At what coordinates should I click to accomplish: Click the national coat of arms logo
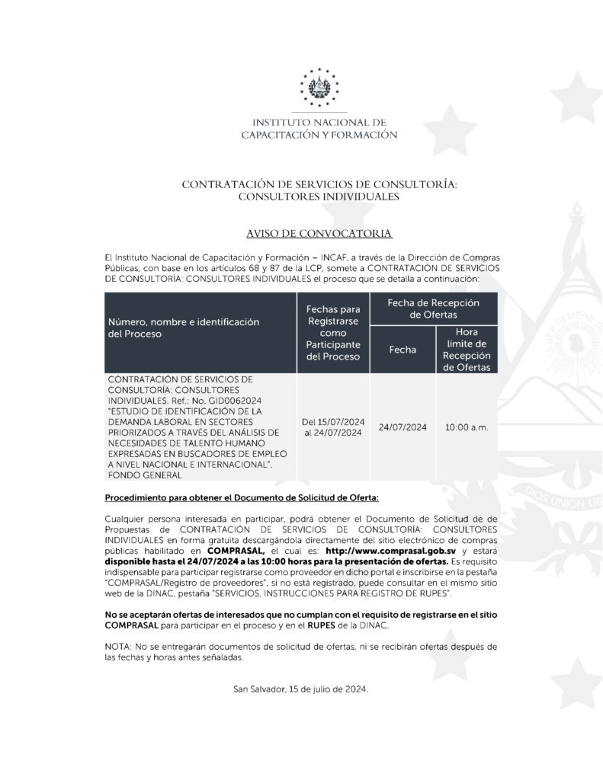click(319, 85)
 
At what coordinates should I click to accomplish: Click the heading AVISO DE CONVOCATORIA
click(319, 232)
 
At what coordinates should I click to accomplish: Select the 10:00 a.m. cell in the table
click(466, 427)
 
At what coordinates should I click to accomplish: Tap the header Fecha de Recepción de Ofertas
click(433, 308)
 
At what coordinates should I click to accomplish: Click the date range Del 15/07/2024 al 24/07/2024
click(332, 427)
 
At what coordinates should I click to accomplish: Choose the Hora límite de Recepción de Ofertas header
click(466, 350)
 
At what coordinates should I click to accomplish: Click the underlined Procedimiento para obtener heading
click(241, 498)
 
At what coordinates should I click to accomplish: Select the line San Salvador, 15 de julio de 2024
click(302, 689)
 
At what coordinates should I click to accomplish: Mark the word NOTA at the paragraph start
click(117, 646)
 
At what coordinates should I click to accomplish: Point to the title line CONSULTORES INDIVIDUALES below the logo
click(319, 197)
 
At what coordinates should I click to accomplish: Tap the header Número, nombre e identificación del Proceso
click(183, 328)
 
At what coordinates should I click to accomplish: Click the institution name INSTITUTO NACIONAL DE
click(319, 122)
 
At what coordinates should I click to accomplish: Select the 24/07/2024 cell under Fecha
click(402, 427)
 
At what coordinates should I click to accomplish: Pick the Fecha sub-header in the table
click(402, 350)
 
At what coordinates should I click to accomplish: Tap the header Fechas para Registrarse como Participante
click(332, 333)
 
